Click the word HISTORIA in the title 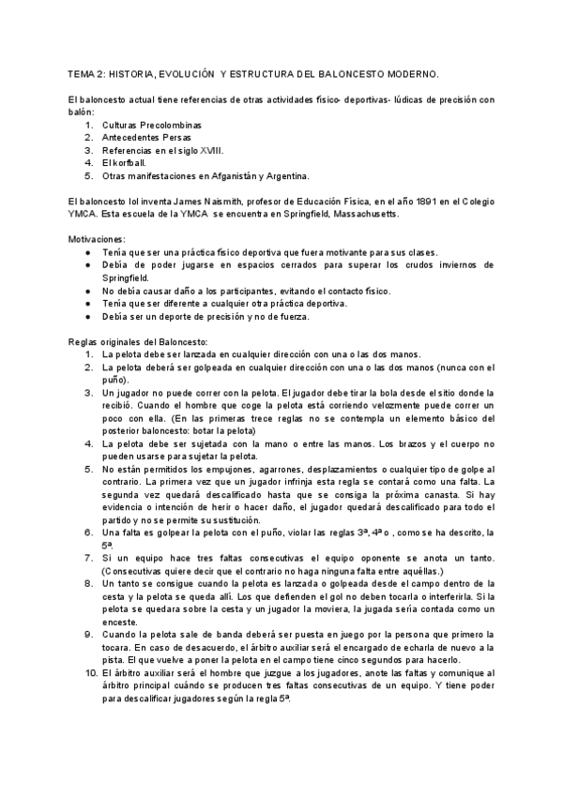pos(140,72)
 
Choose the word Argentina pos(281,175)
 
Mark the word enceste pos(121,622)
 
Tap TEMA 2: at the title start pos(87,72)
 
